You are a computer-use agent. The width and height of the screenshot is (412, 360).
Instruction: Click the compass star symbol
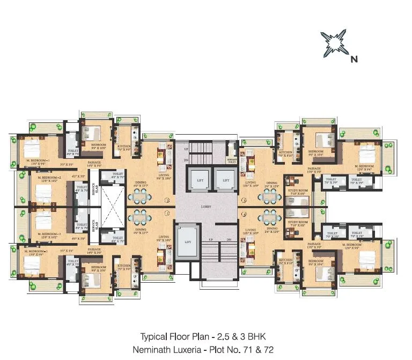point(333,45)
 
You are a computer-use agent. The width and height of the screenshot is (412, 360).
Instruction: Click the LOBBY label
point(207,207)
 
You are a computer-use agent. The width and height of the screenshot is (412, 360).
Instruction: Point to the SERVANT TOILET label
point(232,159)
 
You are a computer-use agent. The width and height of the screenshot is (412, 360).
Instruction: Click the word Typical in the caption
point(154,337)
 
